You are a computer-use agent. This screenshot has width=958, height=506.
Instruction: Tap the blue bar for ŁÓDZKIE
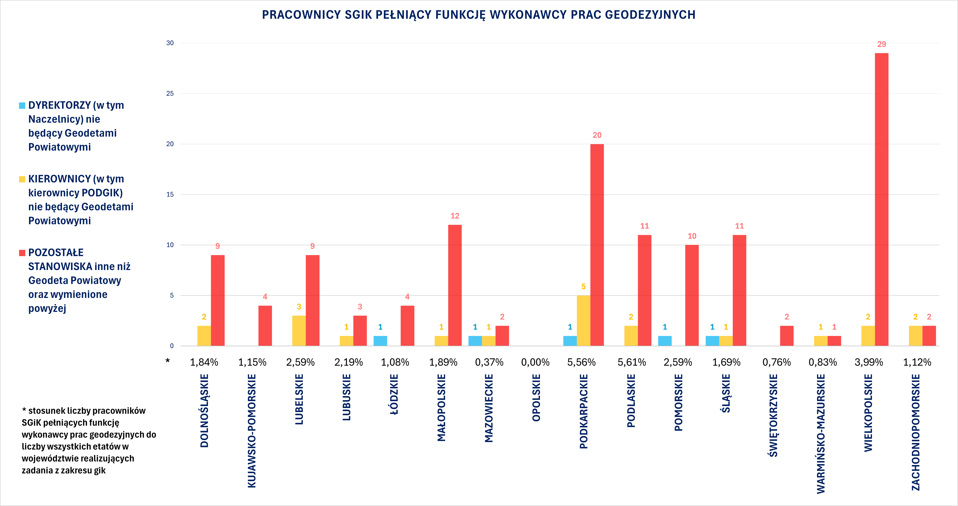(380, 341)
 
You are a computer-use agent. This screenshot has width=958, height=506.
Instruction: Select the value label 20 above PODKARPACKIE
(597, 135)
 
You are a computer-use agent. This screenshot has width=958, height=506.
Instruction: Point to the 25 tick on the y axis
(170, 93)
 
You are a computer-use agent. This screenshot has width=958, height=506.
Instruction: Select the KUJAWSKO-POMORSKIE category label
(252, 430)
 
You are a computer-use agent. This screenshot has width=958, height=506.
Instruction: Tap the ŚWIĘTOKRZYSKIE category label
(773, 416)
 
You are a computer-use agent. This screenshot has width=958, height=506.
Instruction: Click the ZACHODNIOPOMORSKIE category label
(916, 432)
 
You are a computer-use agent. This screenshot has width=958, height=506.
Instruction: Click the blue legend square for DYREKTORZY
(22, 106)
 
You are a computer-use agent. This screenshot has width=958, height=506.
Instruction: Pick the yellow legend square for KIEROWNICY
(22, 179)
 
